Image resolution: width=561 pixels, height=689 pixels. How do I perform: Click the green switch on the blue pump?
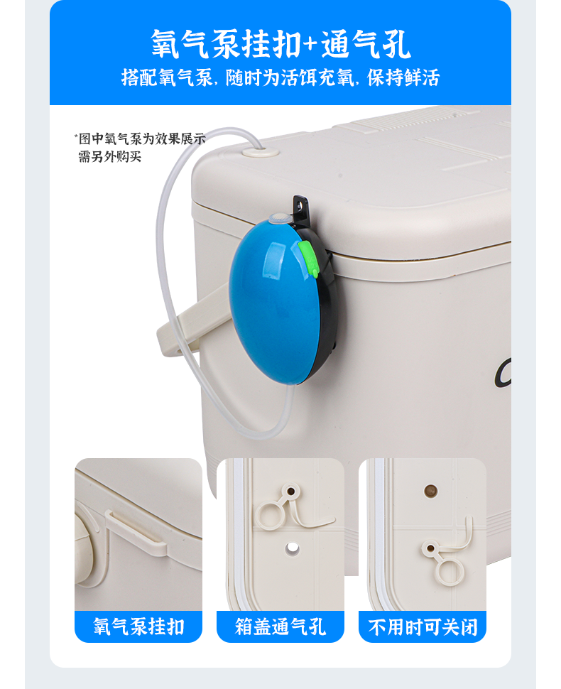310,259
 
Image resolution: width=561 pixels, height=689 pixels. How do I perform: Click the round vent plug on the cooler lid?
261,153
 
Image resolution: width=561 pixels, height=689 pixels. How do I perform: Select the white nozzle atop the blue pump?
278,218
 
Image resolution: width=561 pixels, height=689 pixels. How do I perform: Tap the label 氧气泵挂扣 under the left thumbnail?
138,626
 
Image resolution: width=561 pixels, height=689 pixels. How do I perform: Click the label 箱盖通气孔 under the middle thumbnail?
280,626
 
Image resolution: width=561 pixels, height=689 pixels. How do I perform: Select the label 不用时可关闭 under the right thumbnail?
423,626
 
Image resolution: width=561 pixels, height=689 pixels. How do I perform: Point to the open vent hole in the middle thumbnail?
292,548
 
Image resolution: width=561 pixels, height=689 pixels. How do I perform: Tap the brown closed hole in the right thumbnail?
430,490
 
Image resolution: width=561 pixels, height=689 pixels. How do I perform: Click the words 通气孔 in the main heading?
366,44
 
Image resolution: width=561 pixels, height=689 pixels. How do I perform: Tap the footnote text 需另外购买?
109,156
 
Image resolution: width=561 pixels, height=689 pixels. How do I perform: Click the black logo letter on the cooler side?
503,373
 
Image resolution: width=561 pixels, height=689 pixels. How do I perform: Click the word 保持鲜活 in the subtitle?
403,77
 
